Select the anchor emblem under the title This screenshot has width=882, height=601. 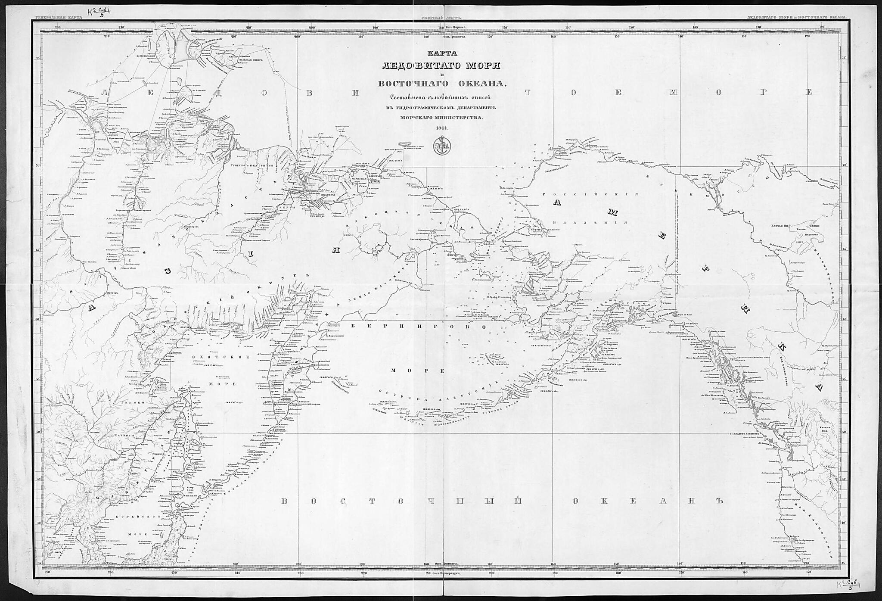(441, 146)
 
